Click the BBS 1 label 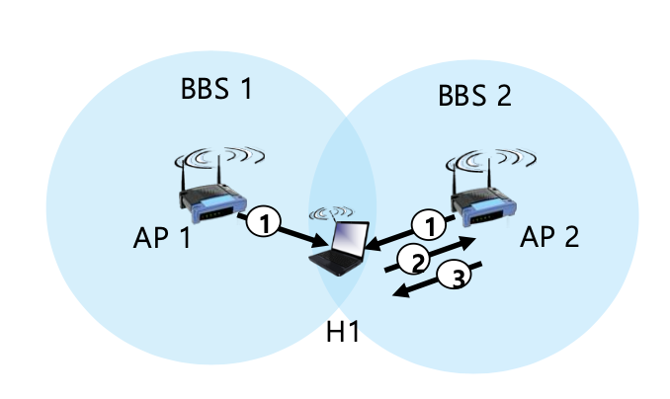point(216,89)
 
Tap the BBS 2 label point(474,95)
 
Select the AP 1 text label point(162,237)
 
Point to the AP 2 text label point(549,236)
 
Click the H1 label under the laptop point(343,332)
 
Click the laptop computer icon point(339,249)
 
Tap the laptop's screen point(350,239)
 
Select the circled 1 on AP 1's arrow point(264,222)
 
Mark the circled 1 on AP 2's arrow point(429,225)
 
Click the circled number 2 point(414,260)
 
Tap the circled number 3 point(455,277)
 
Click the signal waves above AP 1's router point(219,157)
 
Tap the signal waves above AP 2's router point(491,160)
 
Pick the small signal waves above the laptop point(332,212)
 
